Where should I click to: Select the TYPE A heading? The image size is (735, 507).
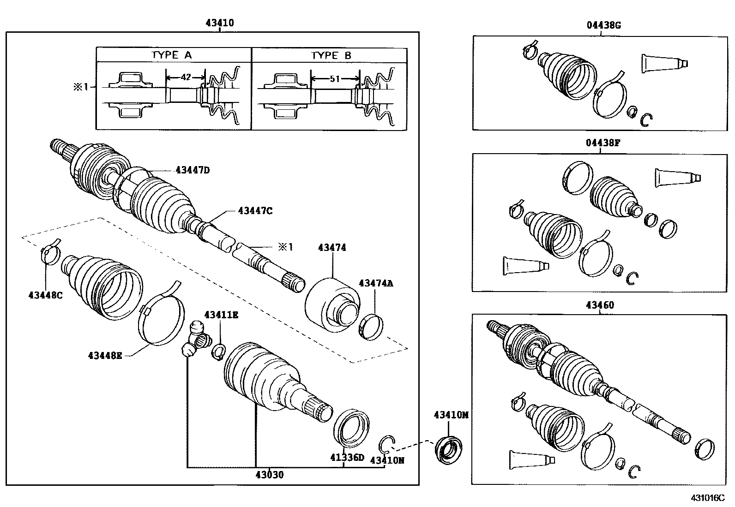pyautogui.click(x=171, y=55)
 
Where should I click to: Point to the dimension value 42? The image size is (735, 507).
pyautogui.click(x=185, y=78)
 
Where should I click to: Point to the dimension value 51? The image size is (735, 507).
pyautogui.click(x=335, y=79)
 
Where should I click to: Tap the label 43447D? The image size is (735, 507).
pyautogui.click(x=192, y=170)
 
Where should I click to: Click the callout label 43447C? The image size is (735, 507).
pyautogui.click(x=255, y=211)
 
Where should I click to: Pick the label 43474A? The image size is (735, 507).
pyautogui.click(x=376, y=284)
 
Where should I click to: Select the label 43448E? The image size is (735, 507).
pyautogui.click(x=105, y=355)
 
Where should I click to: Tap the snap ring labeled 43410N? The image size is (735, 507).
pyautogui.click(x=386, y=444)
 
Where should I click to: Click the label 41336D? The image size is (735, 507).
pyautogui.click(x=347, y=458)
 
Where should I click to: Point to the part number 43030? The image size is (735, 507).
pyautogui.click(x=270, y=475)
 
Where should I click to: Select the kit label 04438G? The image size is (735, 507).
pyautogui.click(x=603, y=25)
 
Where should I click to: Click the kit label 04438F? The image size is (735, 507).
pyautogui.click(x=603, y=143)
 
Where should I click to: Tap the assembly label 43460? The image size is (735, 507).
pyautogui.click(x=600, y=305)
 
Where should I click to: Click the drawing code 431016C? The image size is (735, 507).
pyautogui.click(x=707, y=498)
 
